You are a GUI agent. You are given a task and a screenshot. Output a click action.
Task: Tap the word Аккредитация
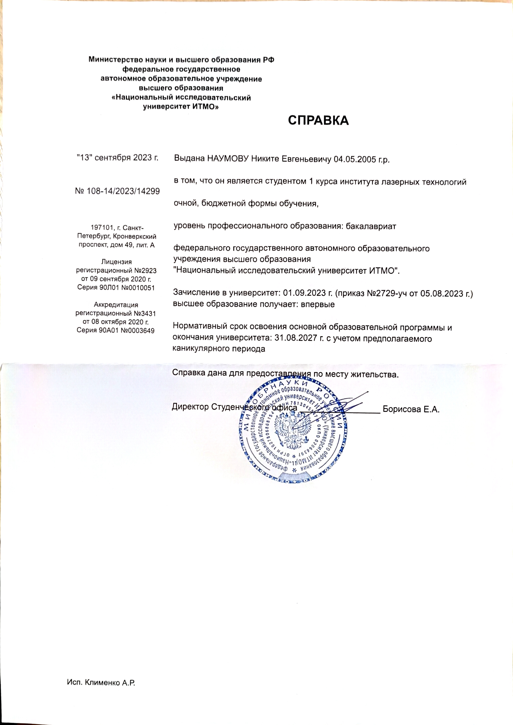pos(116,305)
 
